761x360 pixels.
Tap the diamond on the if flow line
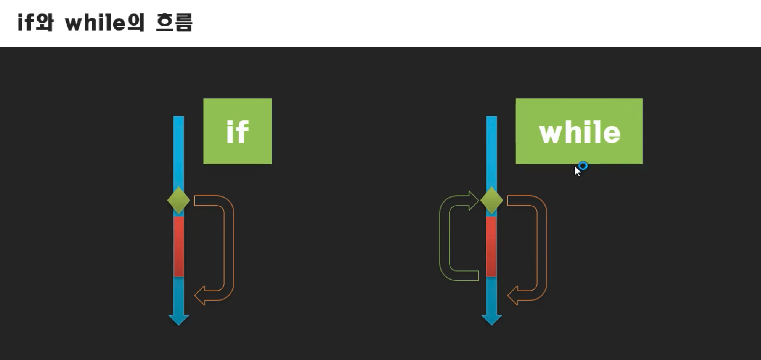[x=178, y=200]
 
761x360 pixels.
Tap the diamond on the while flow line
[x=491, y=200]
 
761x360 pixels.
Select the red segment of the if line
[x=178, y=246]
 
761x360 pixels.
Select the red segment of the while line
[x=491, y=246]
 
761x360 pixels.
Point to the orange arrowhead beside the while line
[x=513, y=296]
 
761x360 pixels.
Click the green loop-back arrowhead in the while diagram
[x=473, y=201]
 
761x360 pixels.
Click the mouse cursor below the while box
[x=577, y=171]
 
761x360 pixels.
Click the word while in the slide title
[x=95, y=23]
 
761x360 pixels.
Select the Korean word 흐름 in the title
[x=174, y=23]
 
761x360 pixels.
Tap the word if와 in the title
[x=35, y=22]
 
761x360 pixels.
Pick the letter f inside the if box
[x=242, y=132]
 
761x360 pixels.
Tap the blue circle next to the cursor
[x=583, y=166]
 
